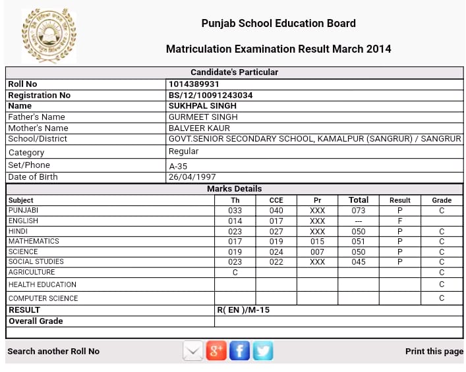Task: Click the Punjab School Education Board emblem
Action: coord(49,35)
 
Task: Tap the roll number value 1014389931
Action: coord(194,84)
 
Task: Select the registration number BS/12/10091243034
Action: coord(211,95)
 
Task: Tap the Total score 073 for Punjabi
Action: coord(359,211)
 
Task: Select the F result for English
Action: coord(399,221)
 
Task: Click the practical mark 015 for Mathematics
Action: coord(317,242)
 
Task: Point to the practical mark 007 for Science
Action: coord(317,252)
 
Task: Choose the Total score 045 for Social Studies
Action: coord(359,262)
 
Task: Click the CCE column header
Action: coord(276,200)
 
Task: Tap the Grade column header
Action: coord(442,200)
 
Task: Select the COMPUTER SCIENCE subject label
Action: coord(43,298)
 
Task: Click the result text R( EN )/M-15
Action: coord(243,310)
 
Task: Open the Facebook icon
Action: coord(239,351)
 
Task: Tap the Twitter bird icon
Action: coord(263,351)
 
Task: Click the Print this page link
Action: coord(434,352)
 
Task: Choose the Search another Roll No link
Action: coord(53,352)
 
